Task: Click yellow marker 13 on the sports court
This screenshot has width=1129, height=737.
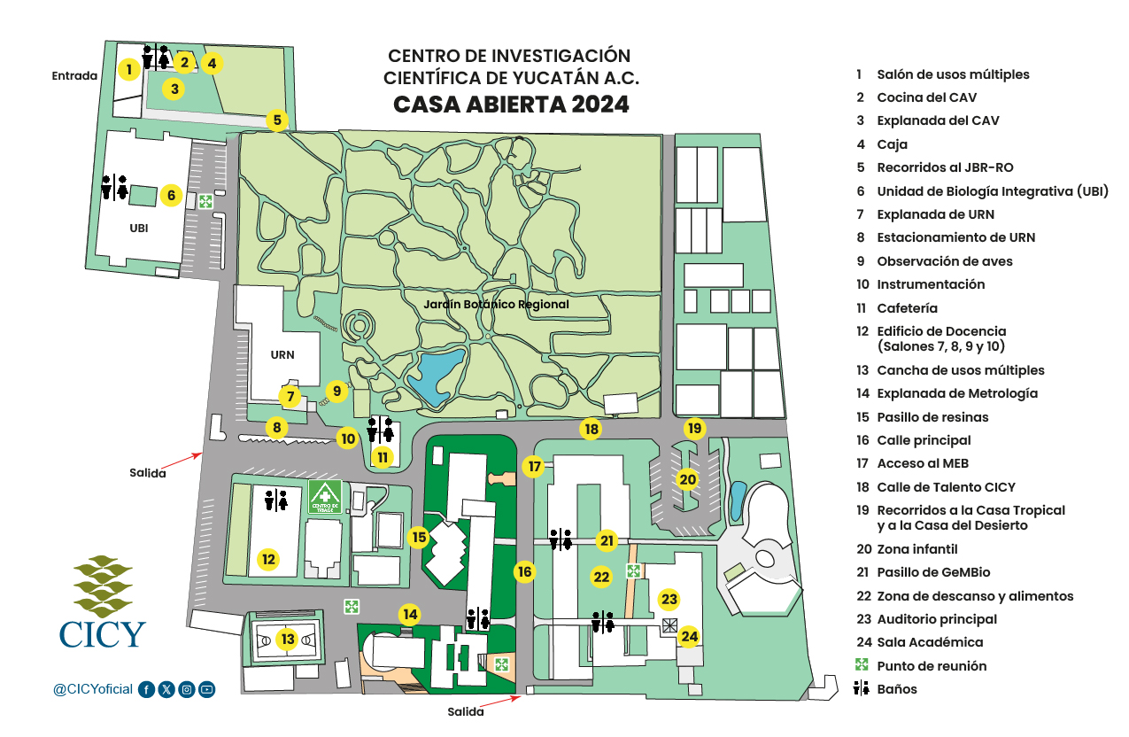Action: [x=286, y=639]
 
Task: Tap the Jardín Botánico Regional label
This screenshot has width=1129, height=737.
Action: [x=496, y=304]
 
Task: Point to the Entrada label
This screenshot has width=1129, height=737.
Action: [x=74, y=75]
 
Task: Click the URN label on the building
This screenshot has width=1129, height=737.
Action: [x=282, y=355]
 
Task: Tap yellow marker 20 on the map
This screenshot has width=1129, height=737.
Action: [x=688, y=479]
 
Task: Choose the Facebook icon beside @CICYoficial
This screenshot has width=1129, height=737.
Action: [x=146, y=689]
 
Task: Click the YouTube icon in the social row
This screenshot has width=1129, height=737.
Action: [x=206, y=689]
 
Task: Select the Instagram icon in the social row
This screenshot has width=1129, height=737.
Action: [x=187, y=689]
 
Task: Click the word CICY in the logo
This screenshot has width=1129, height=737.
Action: [x=103, y=634]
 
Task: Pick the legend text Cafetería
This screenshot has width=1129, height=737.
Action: [x=907, y=308]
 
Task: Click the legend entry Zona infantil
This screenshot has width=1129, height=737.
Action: [x=917, y=549]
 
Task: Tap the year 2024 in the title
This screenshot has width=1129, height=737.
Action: [x=600, y=104]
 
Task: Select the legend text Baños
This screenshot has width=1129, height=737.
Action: [x=897, y=689]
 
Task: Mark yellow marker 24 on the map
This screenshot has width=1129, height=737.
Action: [x=690, y=635]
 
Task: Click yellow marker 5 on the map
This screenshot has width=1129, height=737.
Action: [x=277, y=120]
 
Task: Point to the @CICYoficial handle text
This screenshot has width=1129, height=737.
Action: [x=93, y=689]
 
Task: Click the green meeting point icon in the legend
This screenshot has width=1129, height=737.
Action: [x=860, y=665]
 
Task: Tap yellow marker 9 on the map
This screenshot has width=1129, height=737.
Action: [x=336, y=390]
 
